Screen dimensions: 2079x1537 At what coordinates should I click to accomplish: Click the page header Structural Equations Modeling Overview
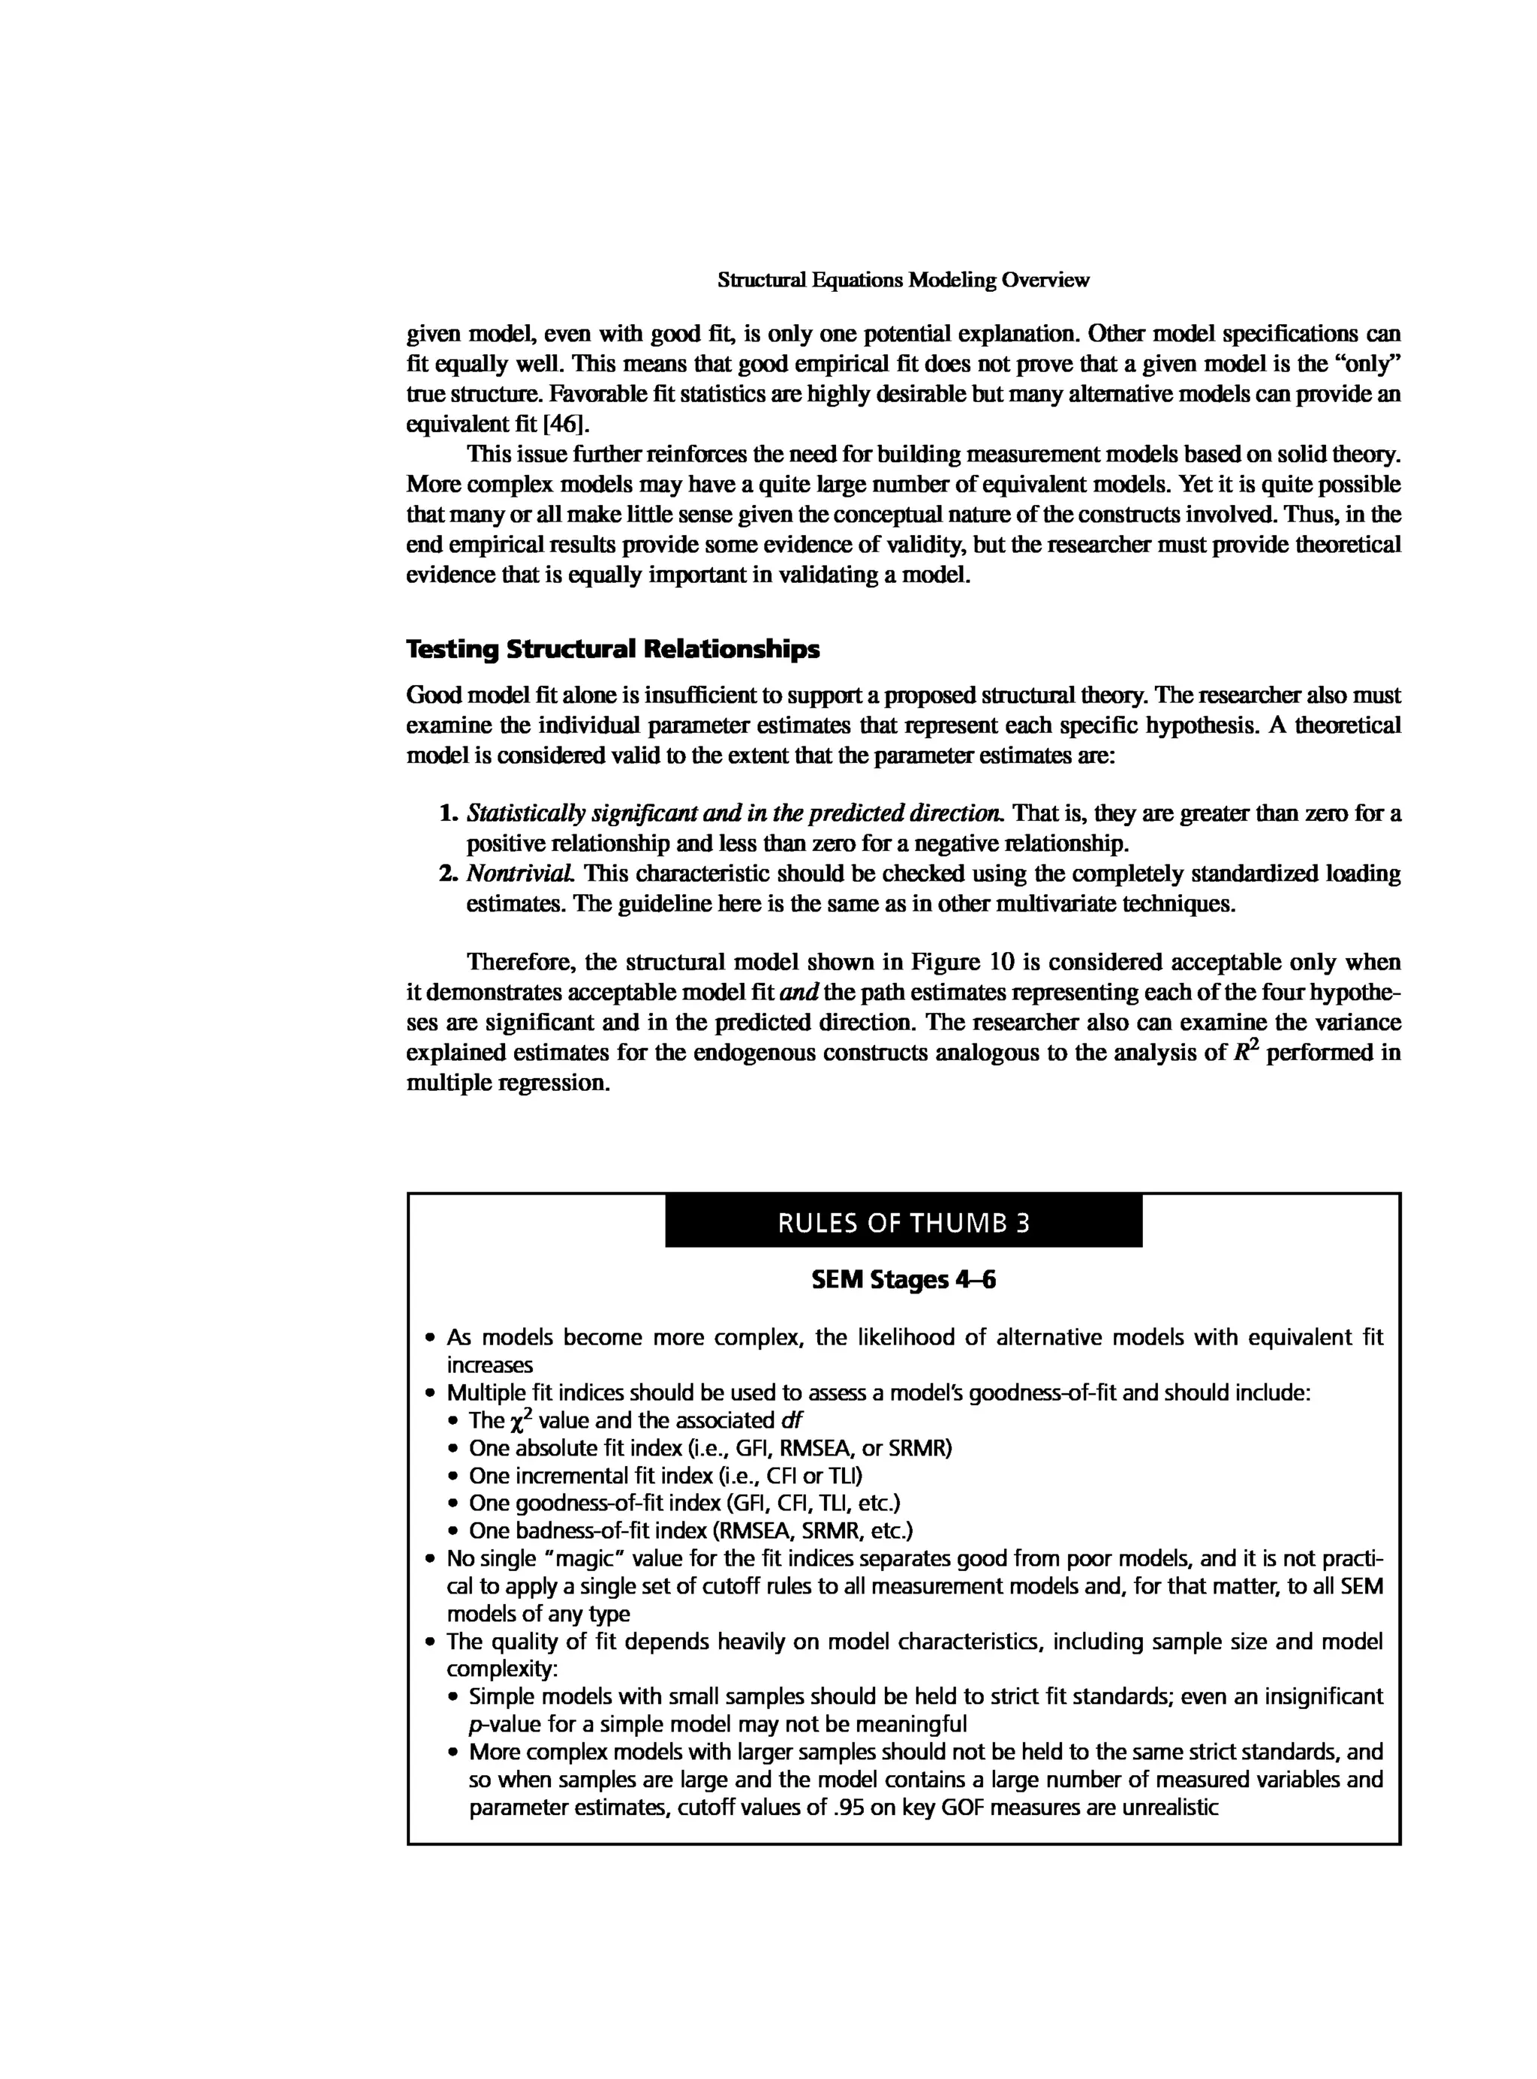click(903, 280)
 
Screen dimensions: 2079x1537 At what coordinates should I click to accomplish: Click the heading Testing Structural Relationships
click(613, 649)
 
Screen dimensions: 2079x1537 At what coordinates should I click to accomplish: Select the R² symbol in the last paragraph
click(1245, 1051)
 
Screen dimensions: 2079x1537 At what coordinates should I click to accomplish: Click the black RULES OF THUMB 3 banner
click(903, 1222)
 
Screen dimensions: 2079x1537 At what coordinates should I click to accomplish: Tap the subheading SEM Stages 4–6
click(903, 1281)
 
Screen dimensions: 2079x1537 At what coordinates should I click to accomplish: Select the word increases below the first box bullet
click(489, 1365)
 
